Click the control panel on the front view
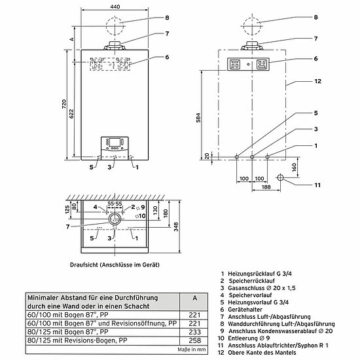pos(113,145)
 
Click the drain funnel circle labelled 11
pos(281,177)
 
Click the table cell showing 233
pos(192,332)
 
